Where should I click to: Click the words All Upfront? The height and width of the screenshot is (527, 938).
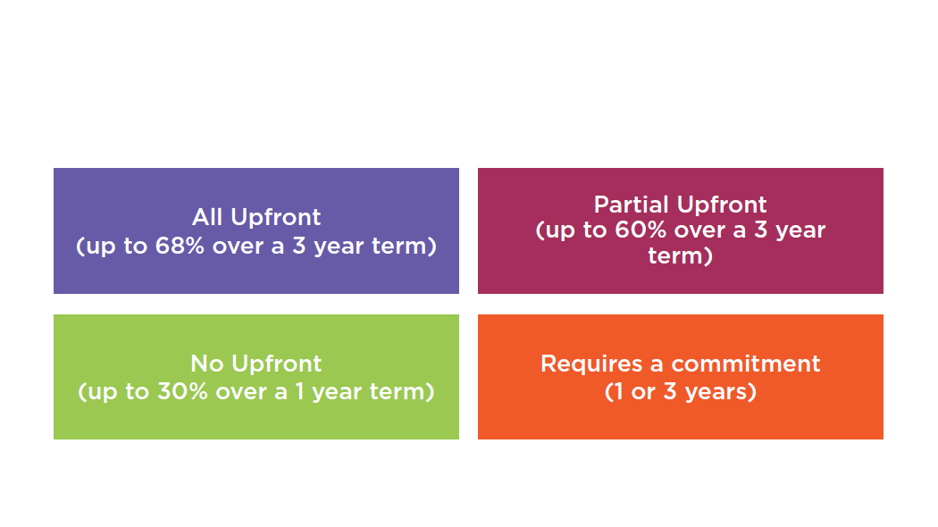tap(256, 218)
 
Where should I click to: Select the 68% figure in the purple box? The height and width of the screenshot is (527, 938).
tap(180, 246)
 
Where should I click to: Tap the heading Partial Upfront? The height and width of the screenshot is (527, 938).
tap(680, 205)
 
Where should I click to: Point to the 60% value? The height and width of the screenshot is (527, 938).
tap(641, 230)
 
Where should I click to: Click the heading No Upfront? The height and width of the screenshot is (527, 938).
tap(256, 364)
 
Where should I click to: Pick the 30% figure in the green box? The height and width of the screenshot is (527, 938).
tap(182, 392)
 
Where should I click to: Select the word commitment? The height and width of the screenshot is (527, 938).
tap(745, 364)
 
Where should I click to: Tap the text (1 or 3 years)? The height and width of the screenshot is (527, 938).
tap(680, 392)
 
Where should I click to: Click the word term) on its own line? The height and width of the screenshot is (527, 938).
tap(680, 256)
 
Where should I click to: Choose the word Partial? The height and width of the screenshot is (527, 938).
tap(631, 205)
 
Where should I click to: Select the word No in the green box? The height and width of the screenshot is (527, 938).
tap(207, 364)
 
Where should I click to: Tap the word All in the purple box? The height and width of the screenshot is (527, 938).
tap(207, 217)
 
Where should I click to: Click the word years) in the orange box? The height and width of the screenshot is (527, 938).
tap(721, 392)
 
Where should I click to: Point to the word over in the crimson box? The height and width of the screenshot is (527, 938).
tap(699, 231)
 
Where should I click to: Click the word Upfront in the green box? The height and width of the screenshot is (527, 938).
tap(276, 364)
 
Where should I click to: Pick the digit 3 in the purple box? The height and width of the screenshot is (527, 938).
tap(298, 246)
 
